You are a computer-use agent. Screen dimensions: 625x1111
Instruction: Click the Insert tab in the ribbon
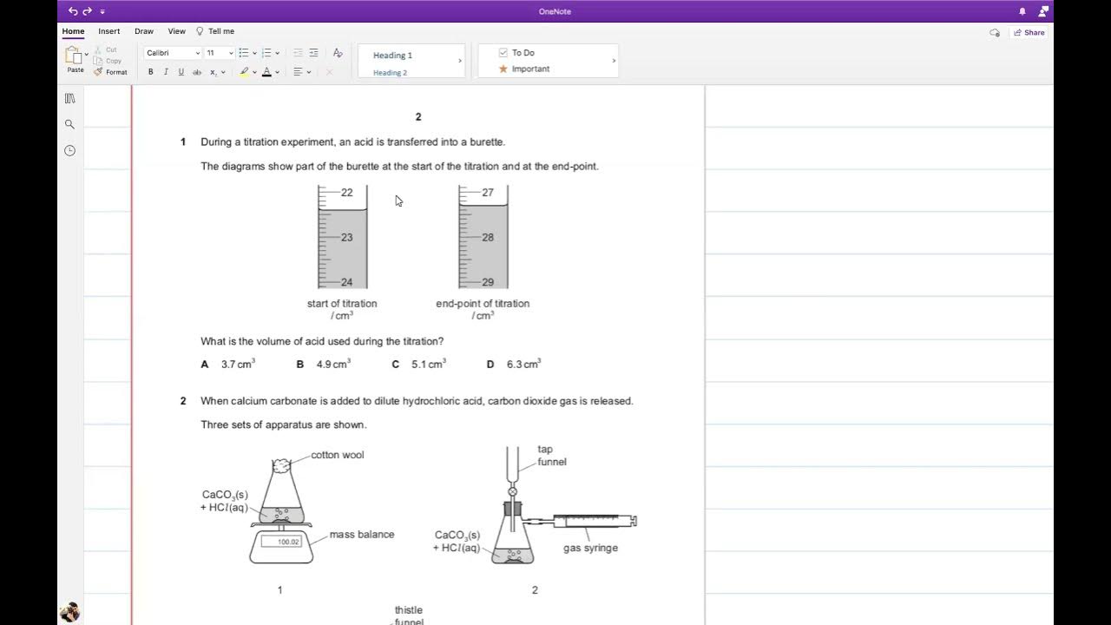coord(108,31)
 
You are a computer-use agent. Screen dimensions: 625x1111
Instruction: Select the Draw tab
coord(144,31)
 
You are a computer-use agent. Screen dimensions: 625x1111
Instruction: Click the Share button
coord(1029,32)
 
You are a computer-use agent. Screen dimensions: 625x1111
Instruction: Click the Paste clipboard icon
coord(75,56)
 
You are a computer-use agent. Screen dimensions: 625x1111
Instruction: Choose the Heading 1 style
coord(393,56)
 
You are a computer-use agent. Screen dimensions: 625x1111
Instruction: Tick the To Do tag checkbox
coord(503,53)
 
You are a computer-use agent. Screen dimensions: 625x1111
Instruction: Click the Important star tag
coord(503,69)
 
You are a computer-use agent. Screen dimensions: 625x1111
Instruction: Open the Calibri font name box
coord(172,53)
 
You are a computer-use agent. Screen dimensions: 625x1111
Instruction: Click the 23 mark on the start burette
coord(346,237)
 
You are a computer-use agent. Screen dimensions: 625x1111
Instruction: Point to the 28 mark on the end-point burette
coord(487,237)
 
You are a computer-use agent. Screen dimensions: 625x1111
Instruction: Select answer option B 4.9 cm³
coord(324,365)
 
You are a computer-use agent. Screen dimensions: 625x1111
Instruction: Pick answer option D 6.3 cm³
coord(515,365)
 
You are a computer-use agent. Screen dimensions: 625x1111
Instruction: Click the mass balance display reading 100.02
coord(287,542)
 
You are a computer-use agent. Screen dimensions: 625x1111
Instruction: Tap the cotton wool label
coord(337,455)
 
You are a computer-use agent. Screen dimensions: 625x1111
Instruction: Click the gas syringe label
coord(590,548)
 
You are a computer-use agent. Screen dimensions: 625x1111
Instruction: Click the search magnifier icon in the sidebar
coord(69,124)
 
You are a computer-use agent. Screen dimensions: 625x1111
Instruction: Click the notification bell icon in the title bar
coord(1022,11)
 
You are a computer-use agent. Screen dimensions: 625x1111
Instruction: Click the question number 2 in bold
coord(183,401)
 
